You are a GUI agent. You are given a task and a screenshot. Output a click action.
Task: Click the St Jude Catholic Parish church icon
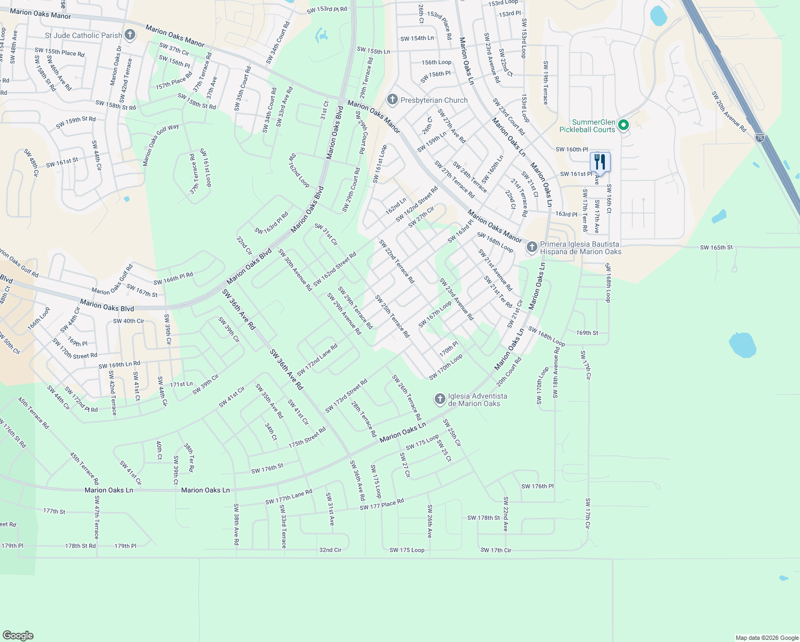(129, 35)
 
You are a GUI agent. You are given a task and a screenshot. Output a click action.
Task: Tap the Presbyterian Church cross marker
(393, 100)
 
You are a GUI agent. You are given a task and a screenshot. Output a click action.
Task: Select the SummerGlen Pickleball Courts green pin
(623, 126)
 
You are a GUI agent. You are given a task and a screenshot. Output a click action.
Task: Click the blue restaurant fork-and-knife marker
(600, 162)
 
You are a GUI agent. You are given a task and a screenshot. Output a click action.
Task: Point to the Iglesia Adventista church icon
(440, 399)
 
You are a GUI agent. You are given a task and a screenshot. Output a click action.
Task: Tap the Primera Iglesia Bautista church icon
(532, 247)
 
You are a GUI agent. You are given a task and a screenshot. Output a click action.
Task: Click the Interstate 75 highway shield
(760, 137)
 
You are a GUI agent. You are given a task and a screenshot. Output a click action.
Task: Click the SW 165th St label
(716, 248)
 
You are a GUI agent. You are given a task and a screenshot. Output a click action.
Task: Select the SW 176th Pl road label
(537, 486)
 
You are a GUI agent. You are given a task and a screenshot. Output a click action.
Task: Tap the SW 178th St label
(483, 518)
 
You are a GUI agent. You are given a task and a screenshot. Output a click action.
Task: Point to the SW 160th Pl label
(572, 150)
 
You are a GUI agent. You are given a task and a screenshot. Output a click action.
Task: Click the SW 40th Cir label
(128, 321)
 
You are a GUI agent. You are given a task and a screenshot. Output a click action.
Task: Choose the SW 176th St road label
(267, 469)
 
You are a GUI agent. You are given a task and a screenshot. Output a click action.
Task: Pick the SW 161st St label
(62, 163)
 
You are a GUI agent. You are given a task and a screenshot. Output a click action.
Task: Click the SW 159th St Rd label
(76, 123)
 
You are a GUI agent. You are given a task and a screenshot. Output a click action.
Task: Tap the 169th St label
(587, 333)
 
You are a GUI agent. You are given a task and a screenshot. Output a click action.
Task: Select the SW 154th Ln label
(417, 39)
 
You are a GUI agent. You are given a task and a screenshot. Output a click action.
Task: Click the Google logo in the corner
(18, 636)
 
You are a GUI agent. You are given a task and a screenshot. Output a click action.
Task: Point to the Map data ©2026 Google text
(767, 638)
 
